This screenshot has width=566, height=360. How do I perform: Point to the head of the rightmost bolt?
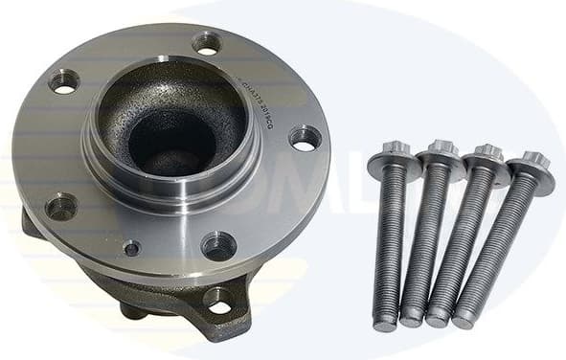531,168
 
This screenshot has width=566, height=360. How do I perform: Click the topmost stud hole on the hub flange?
207,43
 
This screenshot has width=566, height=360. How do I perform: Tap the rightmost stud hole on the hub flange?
304,139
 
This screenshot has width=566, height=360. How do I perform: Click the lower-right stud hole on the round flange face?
218,246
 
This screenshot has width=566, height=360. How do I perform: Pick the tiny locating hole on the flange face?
131,248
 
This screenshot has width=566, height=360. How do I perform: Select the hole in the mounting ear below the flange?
218,304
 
